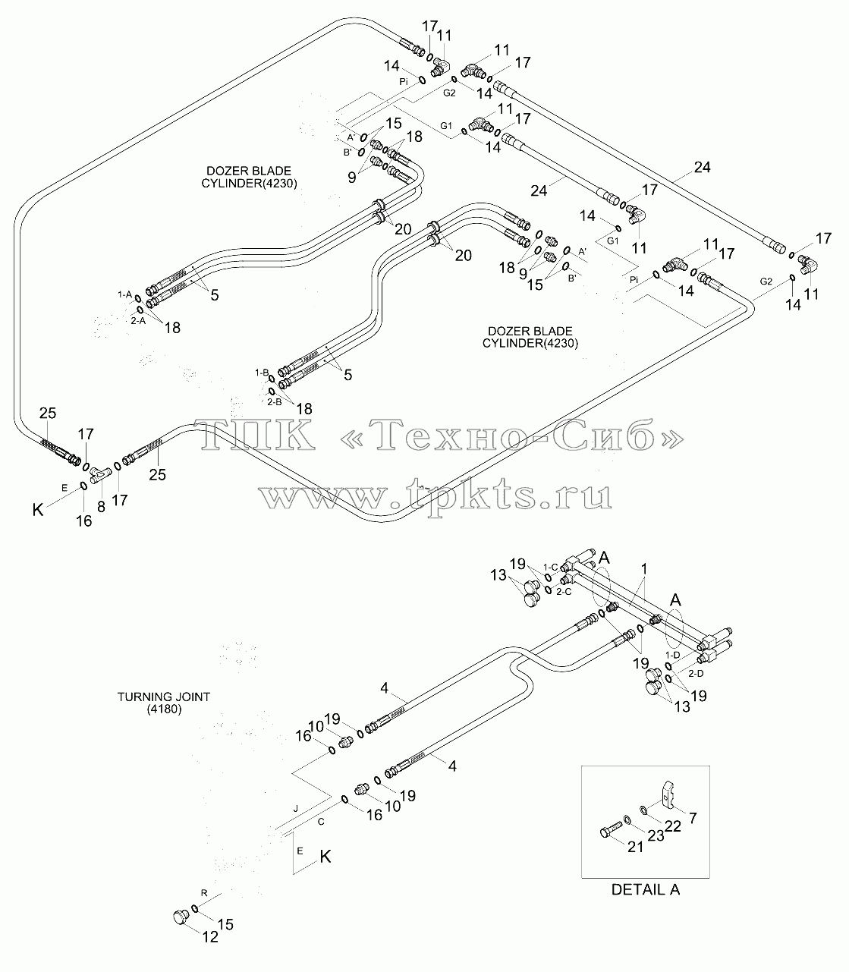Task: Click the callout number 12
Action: click(x=210, y=936)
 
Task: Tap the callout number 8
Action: click(x=101, y=507)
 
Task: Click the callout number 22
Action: click(x=673, y=826)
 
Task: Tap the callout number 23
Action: click(x=656, y=835)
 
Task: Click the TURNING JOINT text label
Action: click(x=164, y=697)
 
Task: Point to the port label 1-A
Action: click(x=124, y=294)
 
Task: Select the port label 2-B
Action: click(x=274, y=402)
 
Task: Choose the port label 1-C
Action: click(x=550, y=567)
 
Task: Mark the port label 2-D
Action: click(x=696, y=673)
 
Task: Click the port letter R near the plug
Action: click(x=204, y=893)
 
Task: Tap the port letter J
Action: click(x=295, y=808)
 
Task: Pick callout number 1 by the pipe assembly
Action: click(x=643, y=568)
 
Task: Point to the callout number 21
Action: click(x=635, y=847)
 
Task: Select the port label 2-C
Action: click(x=564, y=591)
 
